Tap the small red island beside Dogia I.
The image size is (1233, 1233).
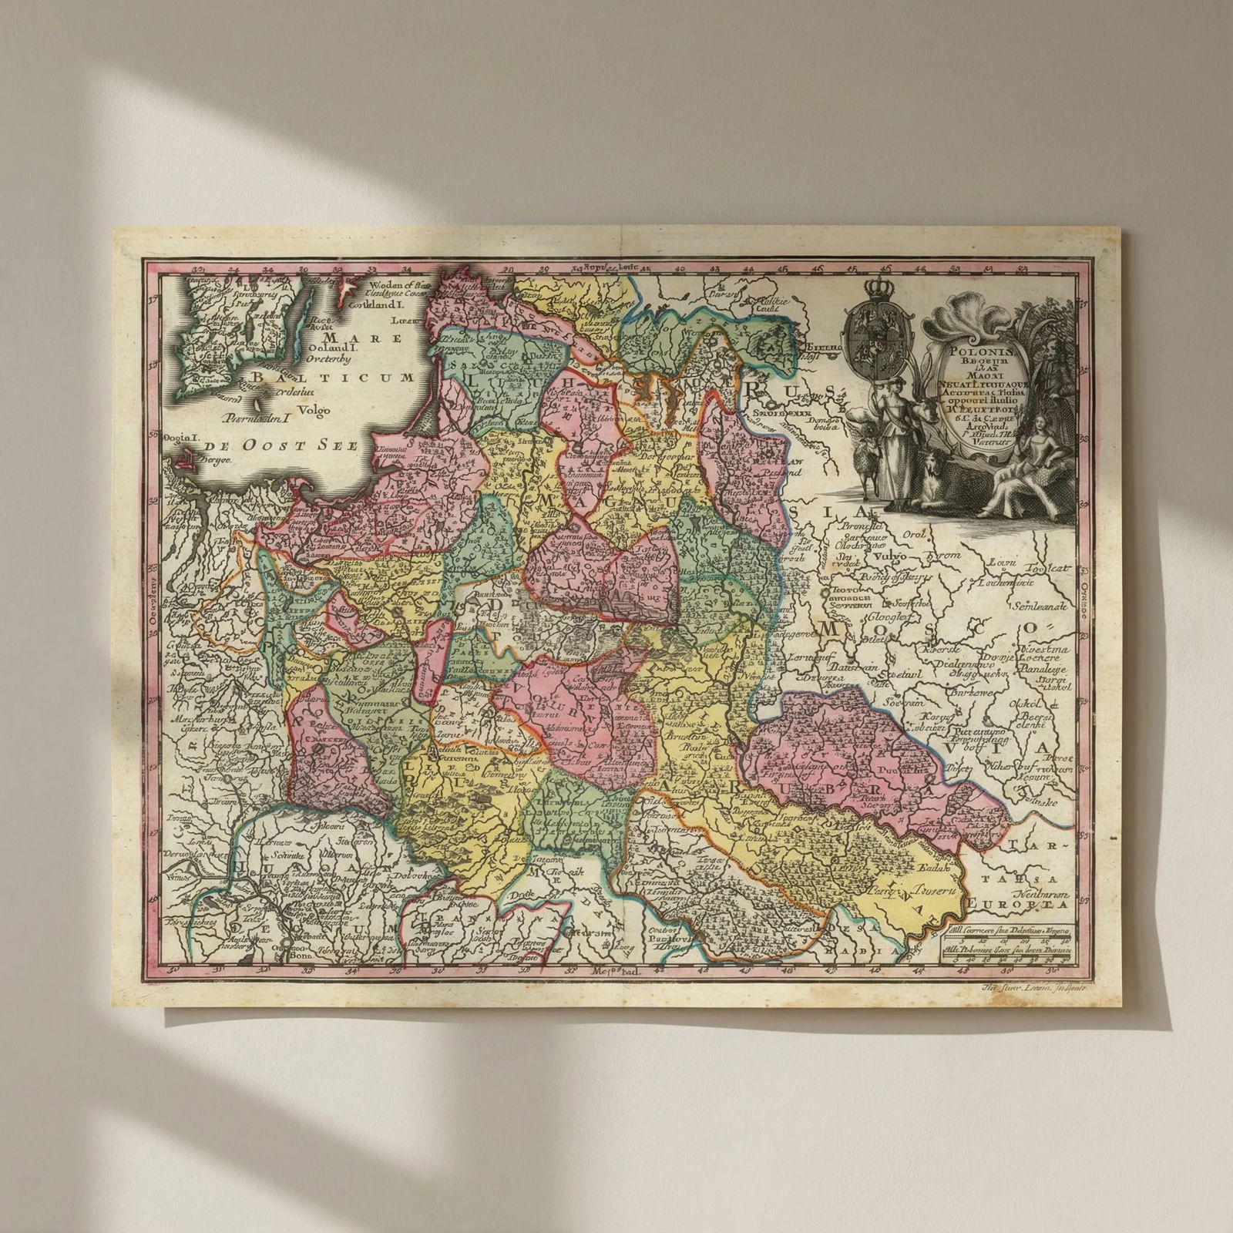click(x=183, y=462)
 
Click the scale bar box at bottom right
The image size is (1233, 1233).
click(x=1007, y=945)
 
